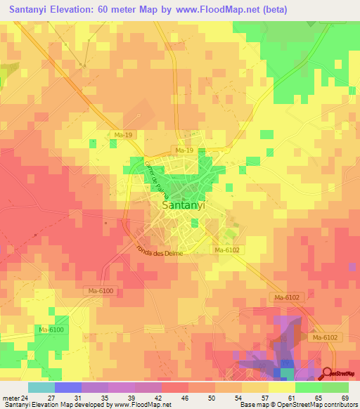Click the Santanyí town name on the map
(184, 206)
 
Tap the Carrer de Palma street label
(155, 178)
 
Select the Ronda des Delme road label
(159, 250)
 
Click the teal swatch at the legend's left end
(41, 387)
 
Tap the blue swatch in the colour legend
(67, 387)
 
